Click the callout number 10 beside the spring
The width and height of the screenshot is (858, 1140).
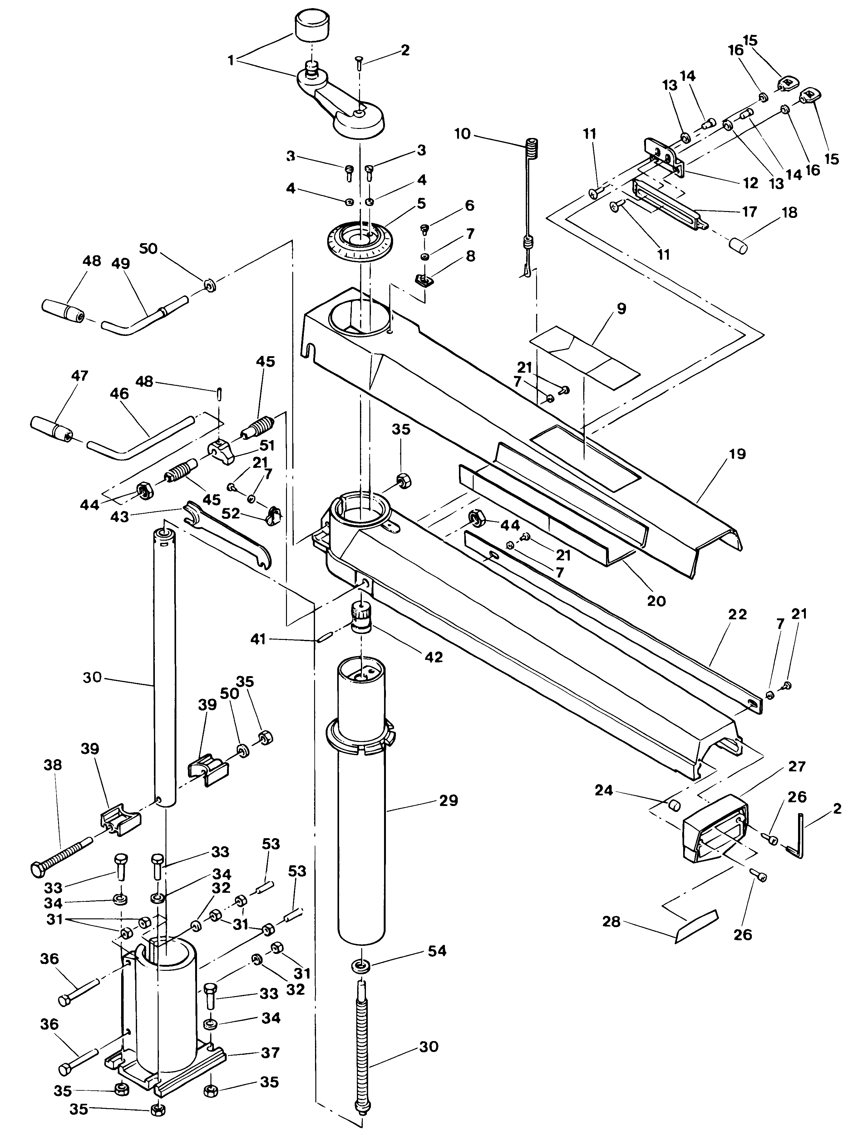coord(462,134)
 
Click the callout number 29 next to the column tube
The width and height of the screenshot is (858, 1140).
coord(449,801)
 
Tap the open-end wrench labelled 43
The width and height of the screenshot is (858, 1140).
coord(227,536)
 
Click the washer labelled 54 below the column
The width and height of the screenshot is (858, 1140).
coord(360,965)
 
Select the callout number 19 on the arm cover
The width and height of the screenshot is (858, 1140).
coord(737,454)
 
